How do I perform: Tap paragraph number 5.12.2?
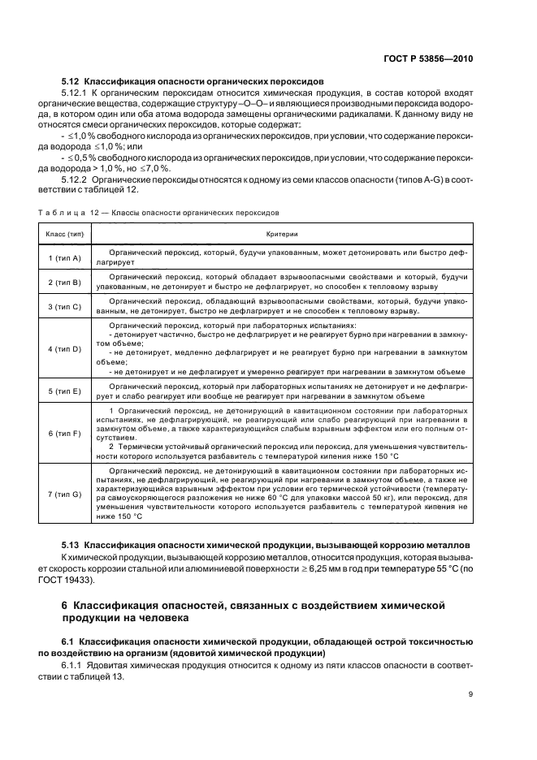tap(76, 178)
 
